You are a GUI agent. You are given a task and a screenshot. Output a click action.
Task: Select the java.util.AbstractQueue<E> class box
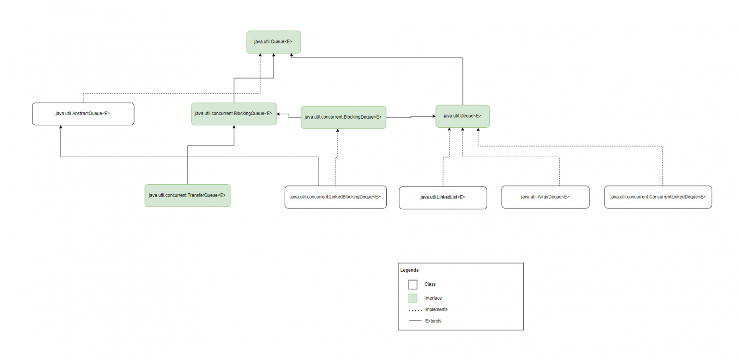pyautogui.click(x=83, y=114)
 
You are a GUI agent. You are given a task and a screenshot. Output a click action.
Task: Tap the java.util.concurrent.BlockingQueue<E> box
pyautogui.click(x=234, y=114)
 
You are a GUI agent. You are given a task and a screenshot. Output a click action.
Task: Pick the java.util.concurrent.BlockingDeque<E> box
pyautogui.click(x=343, y=117)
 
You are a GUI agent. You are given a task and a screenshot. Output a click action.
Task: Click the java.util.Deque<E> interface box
pyautogui.click(x=462, y=116)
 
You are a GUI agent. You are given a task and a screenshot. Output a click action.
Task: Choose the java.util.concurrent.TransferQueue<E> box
pyautogui.click(x=187, y=195)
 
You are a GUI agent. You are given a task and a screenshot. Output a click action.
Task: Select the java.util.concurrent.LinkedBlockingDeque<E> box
pyautogui.click(x=335, y=197)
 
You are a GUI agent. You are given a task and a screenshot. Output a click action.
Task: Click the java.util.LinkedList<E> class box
pyautogui.click(x=443, y=198)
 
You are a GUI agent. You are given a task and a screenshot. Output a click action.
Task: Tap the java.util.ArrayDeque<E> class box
pyautogui.click(x=545, y=197)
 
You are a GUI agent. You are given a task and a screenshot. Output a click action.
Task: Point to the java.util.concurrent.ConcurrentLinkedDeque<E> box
pyautogui.click(x=658, y=197)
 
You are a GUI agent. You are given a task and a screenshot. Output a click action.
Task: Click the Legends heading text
pyautogui.click(x=410, y=270)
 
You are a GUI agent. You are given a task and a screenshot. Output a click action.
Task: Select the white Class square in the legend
pyautogui.click(x=413, y=284)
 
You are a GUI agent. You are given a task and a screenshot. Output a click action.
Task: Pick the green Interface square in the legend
pyautogui.click(x=413, y=298)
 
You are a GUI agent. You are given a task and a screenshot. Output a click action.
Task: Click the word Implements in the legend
pyautogui.click(x=436, y=309)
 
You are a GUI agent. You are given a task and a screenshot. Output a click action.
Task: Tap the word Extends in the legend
pyautogui.click(x=433, y=321)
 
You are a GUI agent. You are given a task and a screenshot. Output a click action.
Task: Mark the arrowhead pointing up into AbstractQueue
pyautogui.click(x=61, y=128)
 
